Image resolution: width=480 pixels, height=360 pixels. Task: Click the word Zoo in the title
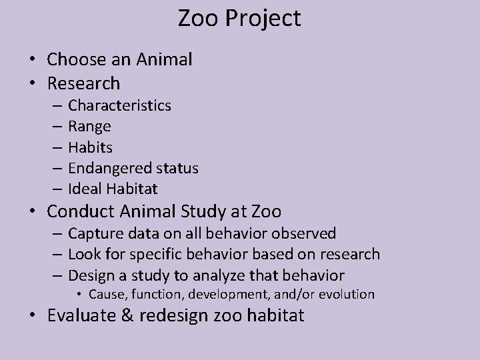click(x=197, y=18)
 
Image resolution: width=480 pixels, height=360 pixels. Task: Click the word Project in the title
click(x=263, y=19)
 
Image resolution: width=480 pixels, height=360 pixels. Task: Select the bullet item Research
click(x=83, y=83)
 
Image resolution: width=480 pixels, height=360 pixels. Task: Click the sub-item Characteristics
click(x=119, y=105)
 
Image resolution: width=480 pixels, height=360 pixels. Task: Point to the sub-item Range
click(x=89, y=127)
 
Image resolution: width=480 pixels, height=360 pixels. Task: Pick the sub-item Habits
click(x=90, y=147)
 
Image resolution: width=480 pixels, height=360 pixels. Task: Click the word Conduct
click(x=81, y=212)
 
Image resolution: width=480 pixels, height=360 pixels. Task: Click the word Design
click(x=92, y=275)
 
